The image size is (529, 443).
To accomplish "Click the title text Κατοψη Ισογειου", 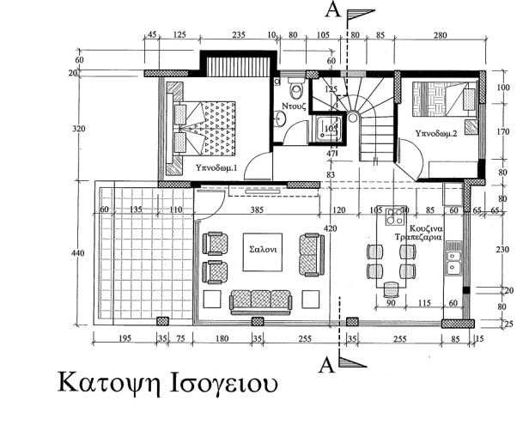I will click(x=168, y=380).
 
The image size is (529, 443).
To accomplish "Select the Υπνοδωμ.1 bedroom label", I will click(x=216, y=167).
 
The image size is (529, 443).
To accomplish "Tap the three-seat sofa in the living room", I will click(x=261, y=300).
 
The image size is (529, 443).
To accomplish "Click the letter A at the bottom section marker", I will click(x=326, y=365).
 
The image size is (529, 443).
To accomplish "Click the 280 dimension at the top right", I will click(x=441, y=35).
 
